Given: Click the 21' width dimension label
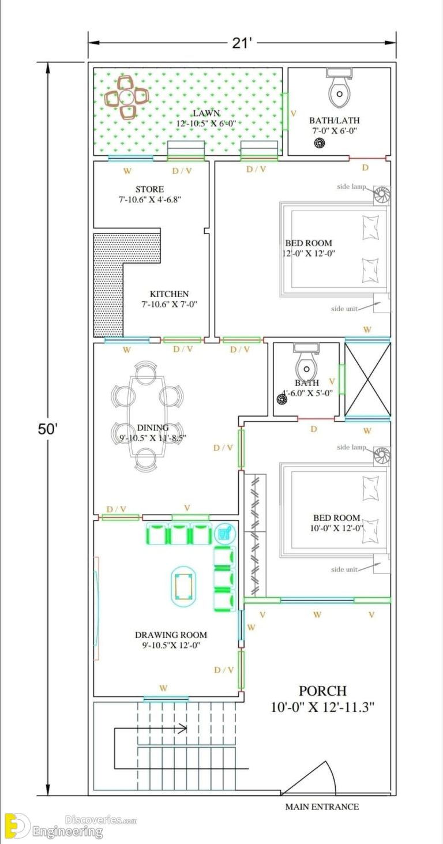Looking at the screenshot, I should [243, 43].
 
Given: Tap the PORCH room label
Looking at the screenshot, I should [322, 691].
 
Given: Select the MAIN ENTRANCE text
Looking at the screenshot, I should [321, 807].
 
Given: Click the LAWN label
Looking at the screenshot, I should [206, 113].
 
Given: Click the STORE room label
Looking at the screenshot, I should [149, 189].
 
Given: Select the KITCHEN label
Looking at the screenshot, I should [169, 294].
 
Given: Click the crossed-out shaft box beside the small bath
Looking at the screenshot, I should [367, 379].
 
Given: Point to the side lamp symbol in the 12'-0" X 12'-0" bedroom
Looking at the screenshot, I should [381, 196].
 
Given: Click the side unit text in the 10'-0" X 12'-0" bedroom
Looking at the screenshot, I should [344, 569].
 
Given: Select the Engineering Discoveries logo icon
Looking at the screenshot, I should [16, 826].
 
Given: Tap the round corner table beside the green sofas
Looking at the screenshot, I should [223, 533].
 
